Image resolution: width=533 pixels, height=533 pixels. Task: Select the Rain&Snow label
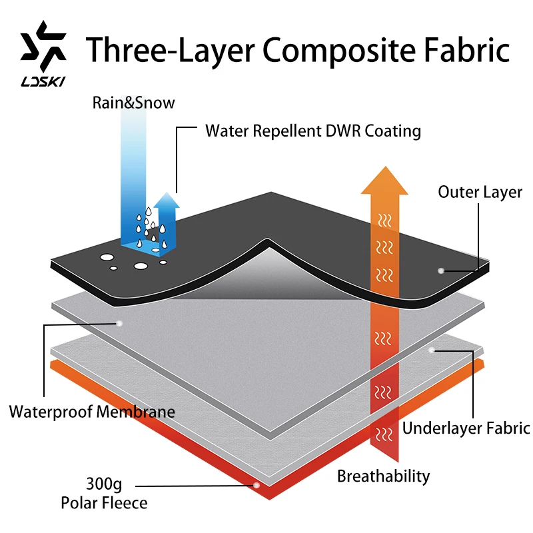(134, 103)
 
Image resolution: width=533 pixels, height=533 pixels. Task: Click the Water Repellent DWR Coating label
(313, 131)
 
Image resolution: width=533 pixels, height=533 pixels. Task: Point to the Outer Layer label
(480, 192)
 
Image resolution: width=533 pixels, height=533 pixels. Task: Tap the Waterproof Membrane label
(92, 411)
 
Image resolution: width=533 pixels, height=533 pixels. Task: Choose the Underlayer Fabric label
(466, 428)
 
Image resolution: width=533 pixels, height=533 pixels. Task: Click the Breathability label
(383, 476)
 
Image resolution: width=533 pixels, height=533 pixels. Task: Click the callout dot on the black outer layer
(440, 270)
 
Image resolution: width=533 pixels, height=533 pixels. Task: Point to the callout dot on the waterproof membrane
(119, 323)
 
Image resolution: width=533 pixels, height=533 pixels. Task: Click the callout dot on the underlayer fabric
(432, 349)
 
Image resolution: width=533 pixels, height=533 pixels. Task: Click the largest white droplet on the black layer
(141, 266)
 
